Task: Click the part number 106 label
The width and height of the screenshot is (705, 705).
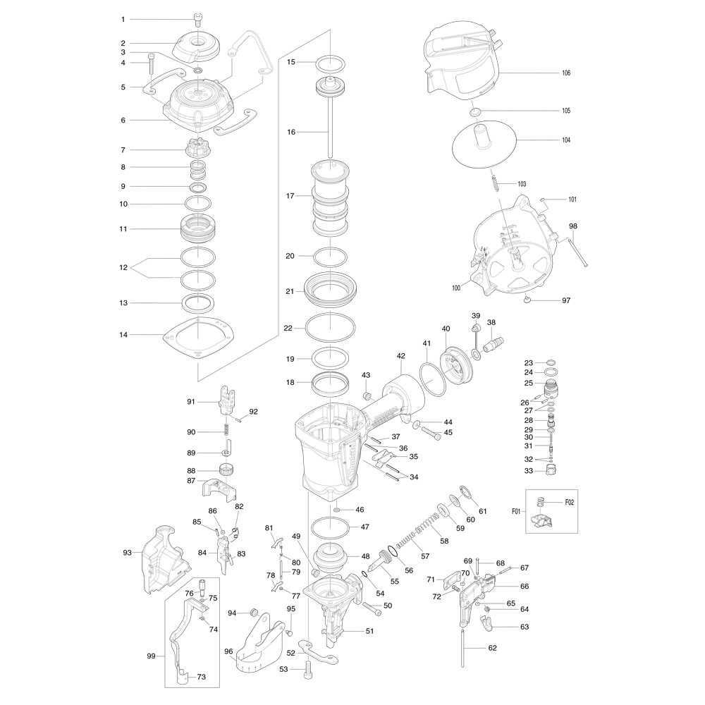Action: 566,73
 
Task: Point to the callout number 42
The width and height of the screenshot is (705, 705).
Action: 401,356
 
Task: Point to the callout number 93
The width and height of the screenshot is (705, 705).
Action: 127,552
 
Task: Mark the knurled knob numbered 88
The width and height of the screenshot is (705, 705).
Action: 226,470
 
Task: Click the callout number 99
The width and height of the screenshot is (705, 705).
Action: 151,656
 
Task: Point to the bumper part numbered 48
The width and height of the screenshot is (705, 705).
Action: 331,557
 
